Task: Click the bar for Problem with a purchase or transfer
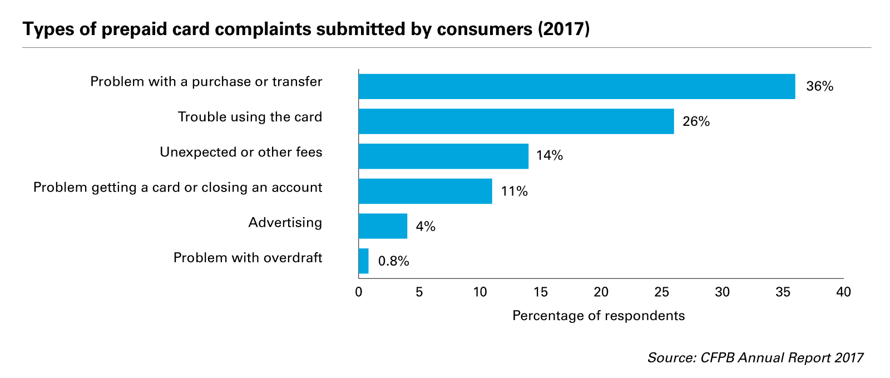576,86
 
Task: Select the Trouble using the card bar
516,121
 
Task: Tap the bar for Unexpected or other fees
443,156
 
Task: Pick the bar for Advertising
383,226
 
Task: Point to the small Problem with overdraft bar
363,261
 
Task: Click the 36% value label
819,87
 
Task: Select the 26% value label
696,122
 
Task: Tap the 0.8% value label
393,261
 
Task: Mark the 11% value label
514,192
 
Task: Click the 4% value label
426,227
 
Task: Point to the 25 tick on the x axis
661,292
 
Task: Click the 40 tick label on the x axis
843,292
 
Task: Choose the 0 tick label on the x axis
359,292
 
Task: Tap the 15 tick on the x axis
540,292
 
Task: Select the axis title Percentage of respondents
598,316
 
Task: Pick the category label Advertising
285,223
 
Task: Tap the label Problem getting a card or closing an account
177,188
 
